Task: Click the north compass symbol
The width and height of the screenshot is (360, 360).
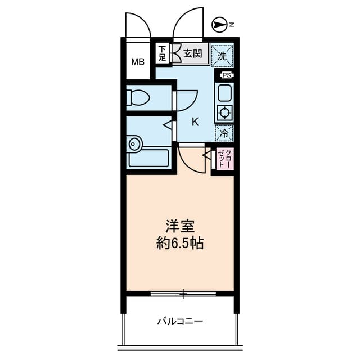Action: [x=220, y=24]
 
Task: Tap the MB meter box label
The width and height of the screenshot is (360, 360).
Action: [x=138, y=61]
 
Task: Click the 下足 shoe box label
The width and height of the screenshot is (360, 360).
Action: [x=162, y=53]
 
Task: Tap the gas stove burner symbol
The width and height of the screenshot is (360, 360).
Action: [x=225, y=112]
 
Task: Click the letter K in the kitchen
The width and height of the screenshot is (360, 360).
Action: [x=195, y=120]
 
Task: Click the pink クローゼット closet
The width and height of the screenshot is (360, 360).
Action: [x=224, y=159]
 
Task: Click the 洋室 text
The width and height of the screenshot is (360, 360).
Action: [x=180, y=228]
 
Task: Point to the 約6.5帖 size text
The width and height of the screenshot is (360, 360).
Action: [x=180, y=244]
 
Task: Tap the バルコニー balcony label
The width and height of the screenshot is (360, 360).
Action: [x=180, y=322]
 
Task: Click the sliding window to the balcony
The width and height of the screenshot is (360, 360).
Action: [x=183, y=293]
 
